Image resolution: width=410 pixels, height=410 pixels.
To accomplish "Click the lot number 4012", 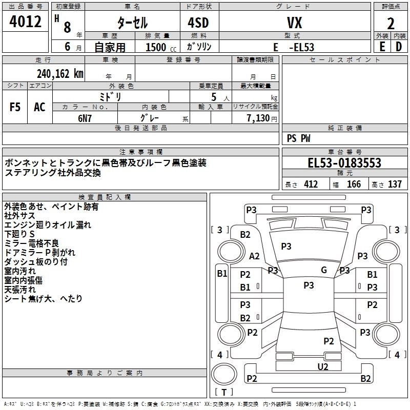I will coord(26,22).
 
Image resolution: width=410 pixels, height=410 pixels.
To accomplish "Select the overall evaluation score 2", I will coord(391,24).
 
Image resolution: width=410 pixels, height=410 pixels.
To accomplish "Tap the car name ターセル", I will coord(133,23).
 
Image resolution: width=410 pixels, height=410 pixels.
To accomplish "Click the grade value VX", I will coord(294,23).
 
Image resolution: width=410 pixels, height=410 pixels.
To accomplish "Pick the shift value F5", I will coord(15,107).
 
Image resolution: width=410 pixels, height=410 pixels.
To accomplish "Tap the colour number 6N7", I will coord(85,117).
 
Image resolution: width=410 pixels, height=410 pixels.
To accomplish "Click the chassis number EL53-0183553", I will coord(344,163).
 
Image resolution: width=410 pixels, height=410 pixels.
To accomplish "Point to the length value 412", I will coord(311,184).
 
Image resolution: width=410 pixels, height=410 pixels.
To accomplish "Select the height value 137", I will coord(395,184).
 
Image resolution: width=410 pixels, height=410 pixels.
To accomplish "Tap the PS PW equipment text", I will coord(298,138).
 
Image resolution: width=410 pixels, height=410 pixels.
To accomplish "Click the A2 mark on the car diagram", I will coord(254,256).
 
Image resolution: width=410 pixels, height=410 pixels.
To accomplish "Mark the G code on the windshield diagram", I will coord(324,270).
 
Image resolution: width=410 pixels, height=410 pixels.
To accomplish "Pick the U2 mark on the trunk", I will coord(323,366).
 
